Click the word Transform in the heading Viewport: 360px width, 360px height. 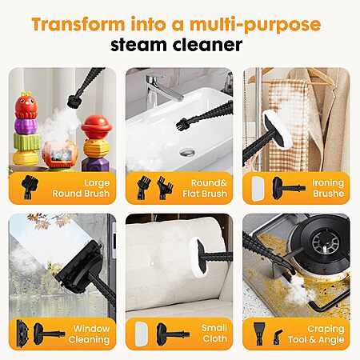[x=78, y=24]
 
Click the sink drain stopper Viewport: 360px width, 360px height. [x=187, y=152]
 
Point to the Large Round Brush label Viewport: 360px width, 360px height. [x=81, y=188]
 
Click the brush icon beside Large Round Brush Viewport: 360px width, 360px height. [x=30, y=187]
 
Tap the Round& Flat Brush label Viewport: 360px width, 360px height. [x=205, y=188]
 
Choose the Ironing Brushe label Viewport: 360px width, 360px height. [x=328, y=188]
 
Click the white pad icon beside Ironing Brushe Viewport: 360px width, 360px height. [x=258, y=188]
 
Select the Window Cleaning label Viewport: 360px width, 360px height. [x=89, y=334]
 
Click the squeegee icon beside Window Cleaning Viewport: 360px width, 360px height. [x=22, y=334]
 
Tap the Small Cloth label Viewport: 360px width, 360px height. [x=214, y=334]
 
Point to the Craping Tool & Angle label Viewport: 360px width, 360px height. [x=316, y=334]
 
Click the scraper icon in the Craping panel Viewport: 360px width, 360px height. [x=259, y=334]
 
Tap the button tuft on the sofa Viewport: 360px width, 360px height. [x=152, y=263]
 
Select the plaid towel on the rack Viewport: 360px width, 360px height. [x=288, y=126]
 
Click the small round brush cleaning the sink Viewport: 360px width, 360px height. [x=182, y=123]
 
